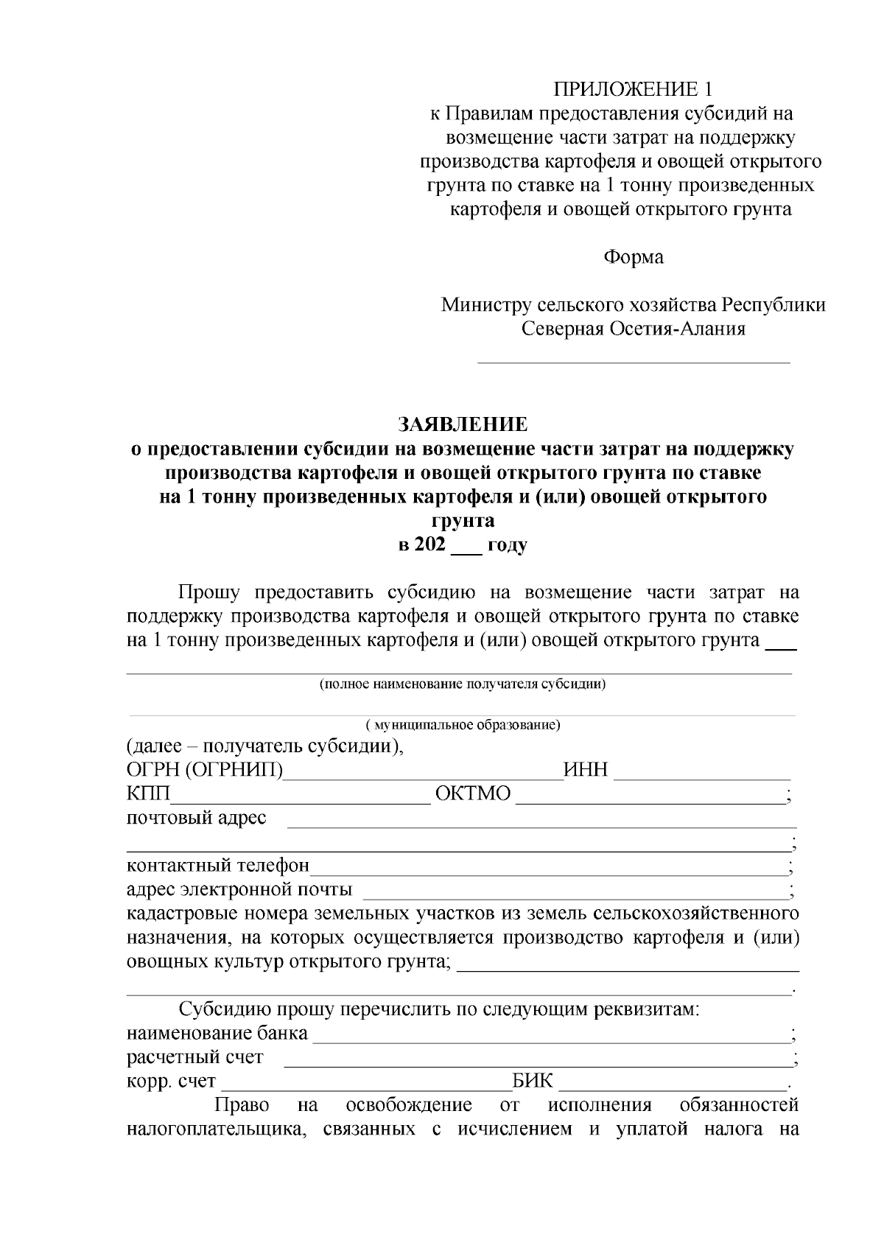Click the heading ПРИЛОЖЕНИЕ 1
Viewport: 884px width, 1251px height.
tap(634, 90)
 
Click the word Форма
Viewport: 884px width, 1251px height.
tap(634, 257)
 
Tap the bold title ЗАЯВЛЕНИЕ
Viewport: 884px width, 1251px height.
tap(463, 425)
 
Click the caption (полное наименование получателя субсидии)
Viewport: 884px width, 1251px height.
tap(463, 684)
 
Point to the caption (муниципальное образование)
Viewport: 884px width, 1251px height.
tap(463, 725)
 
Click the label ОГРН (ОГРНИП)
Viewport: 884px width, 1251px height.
tap(205, 771)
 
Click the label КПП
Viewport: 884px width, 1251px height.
tap(148, 795)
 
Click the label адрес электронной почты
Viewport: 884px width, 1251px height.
tap(239, 889)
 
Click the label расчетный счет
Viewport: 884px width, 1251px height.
tap(195, 1058)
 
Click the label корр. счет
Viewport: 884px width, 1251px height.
tap(171, 1082)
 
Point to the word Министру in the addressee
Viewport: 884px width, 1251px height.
tap(485, 305)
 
